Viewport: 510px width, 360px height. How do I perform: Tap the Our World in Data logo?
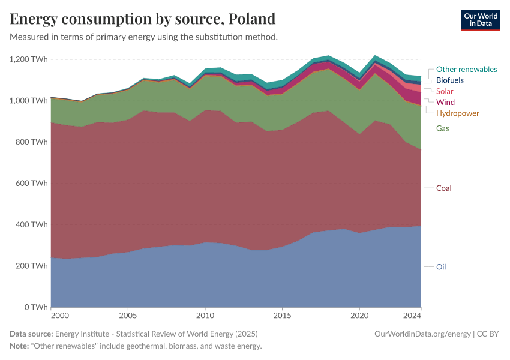[480, 20]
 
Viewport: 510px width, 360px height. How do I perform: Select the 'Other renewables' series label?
[466, 69]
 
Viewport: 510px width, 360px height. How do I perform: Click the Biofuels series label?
[449, 80]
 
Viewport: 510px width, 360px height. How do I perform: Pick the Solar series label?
[445, 91]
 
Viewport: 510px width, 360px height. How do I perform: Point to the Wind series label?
[445, 102]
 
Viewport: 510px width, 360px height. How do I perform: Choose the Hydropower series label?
[457, 113]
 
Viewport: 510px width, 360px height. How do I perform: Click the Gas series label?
[442, 128]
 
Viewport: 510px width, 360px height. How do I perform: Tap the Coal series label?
[443, 188]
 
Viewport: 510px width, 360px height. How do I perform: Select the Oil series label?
[441, 266]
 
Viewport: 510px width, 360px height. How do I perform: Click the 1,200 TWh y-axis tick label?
[28, 59]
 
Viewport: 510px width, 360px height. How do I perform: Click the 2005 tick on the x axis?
[128, 315]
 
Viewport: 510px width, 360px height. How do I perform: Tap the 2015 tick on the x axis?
[282, 315]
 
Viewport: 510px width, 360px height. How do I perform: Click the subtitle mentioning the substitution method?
[143, 37]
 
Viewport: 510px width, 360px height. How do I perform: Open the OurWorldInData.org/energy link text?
[422, 334]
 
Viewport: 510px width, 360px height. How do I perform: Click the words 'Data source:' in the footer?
[31, 334]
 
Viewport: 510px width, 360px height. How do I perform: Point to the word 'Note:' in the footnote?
[21, 346]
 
